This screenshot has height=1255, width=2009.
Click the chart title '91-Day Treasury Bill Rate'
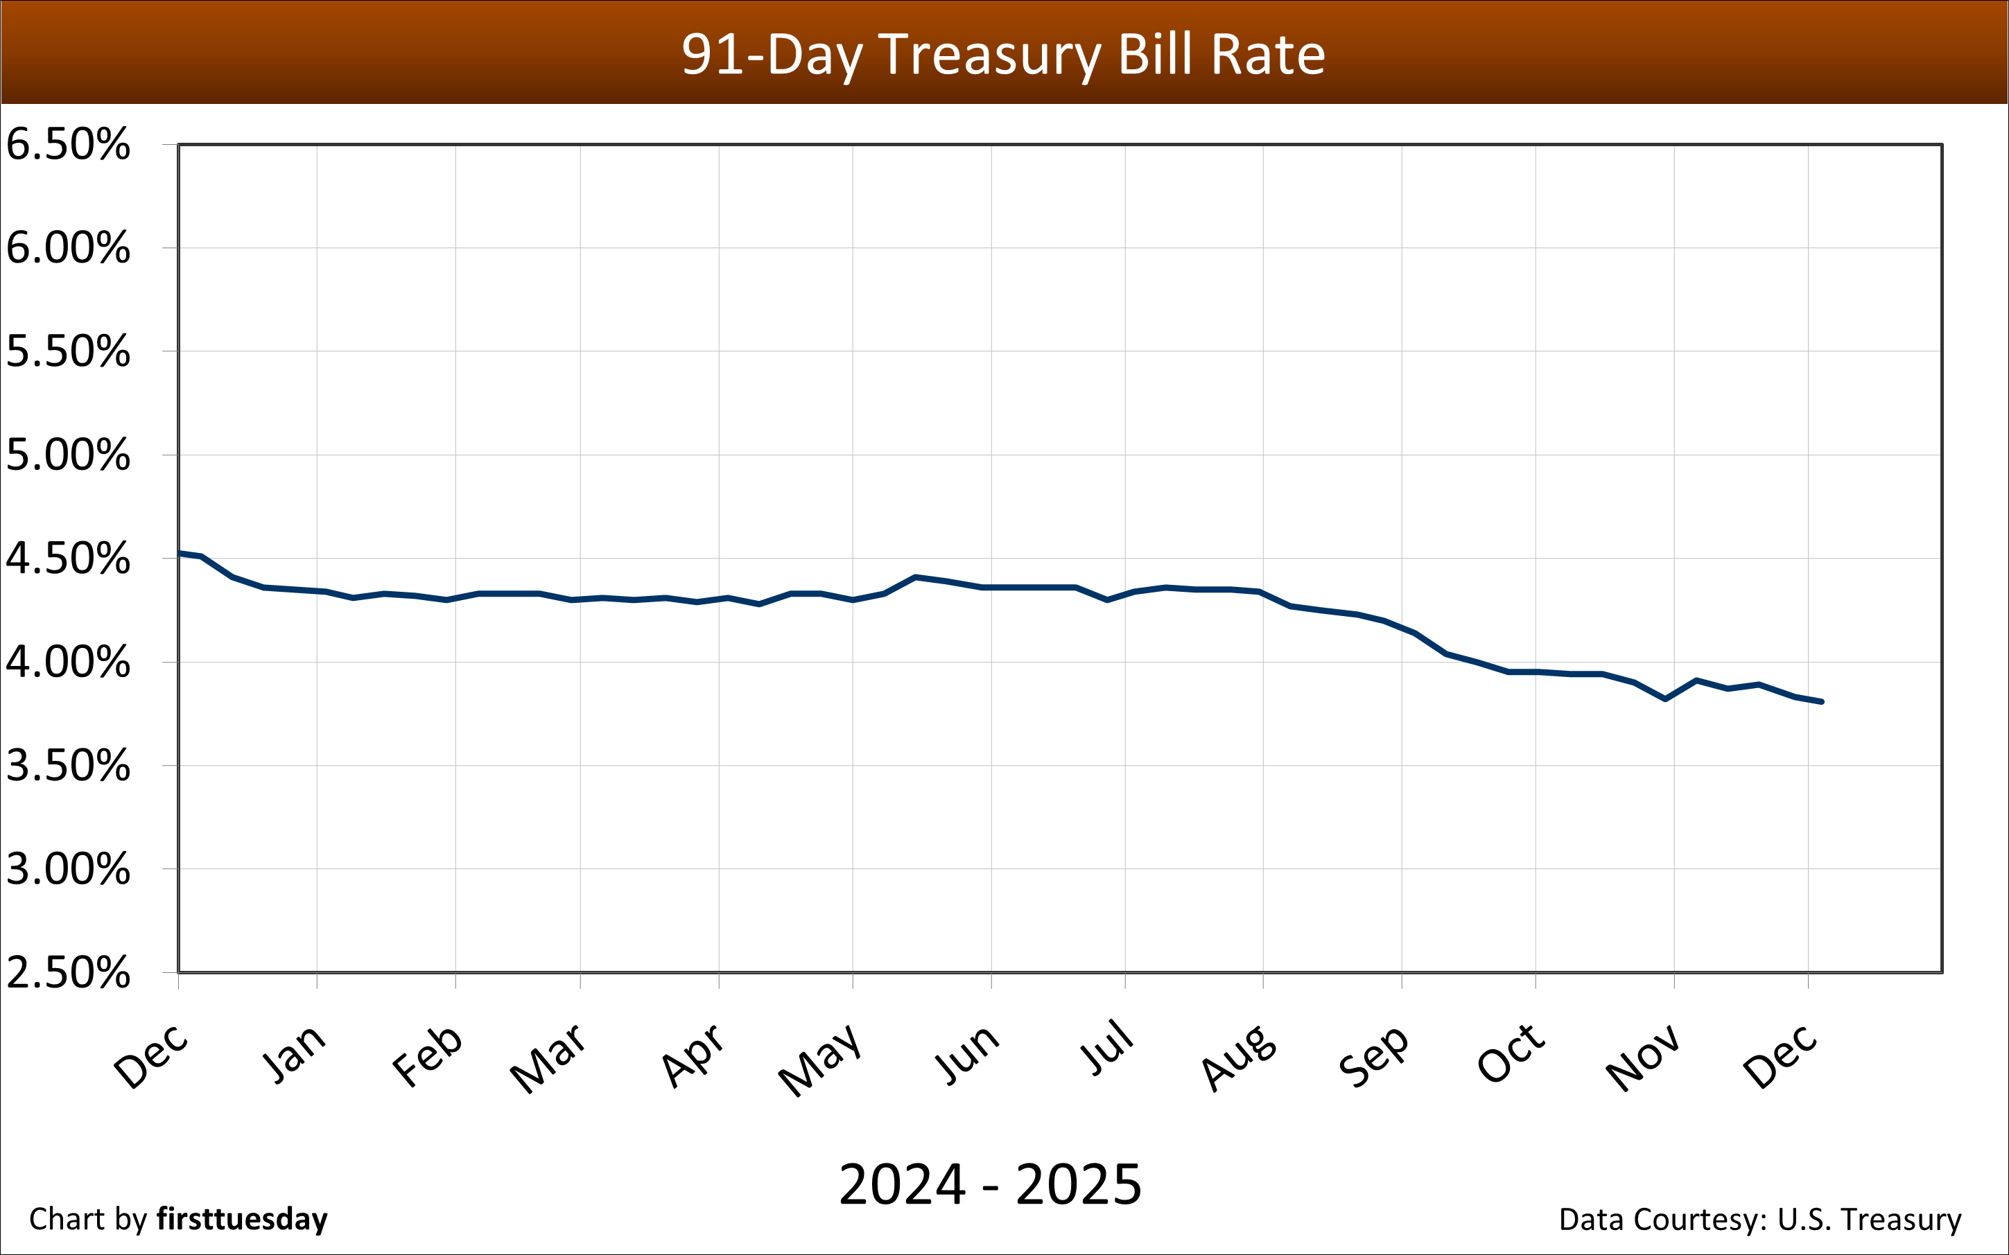point(1003,55)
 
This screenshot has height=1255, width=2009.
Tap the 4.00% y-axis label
point(68,662)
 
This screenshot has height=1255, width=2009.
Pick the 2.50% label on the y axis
point(68,972)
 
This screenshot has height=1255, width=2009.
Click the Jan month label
point(294,1054)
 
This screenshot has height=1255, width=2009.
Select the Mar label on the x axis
point(548,1057)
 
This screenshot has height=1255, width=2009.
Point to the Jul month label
point(1107,1048)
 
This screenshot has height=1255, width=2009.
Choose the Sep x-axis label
point(1374,1056)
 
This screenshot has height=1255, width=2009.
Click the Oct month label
point(1511,1054)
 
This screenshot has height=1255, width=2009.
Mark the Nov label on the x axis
point(1643,1057)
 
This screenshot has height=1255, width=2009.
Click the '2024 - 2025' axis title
point(989,1184)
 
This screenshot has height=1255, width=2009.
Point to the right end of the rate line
point(1821,701)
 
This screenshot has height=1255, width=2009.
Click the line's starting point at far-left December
point(180,553)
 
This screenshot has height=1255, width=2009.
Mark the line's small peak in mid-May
point(915,577)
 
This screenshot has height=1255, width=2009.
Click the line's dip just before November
point(1665,699)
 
